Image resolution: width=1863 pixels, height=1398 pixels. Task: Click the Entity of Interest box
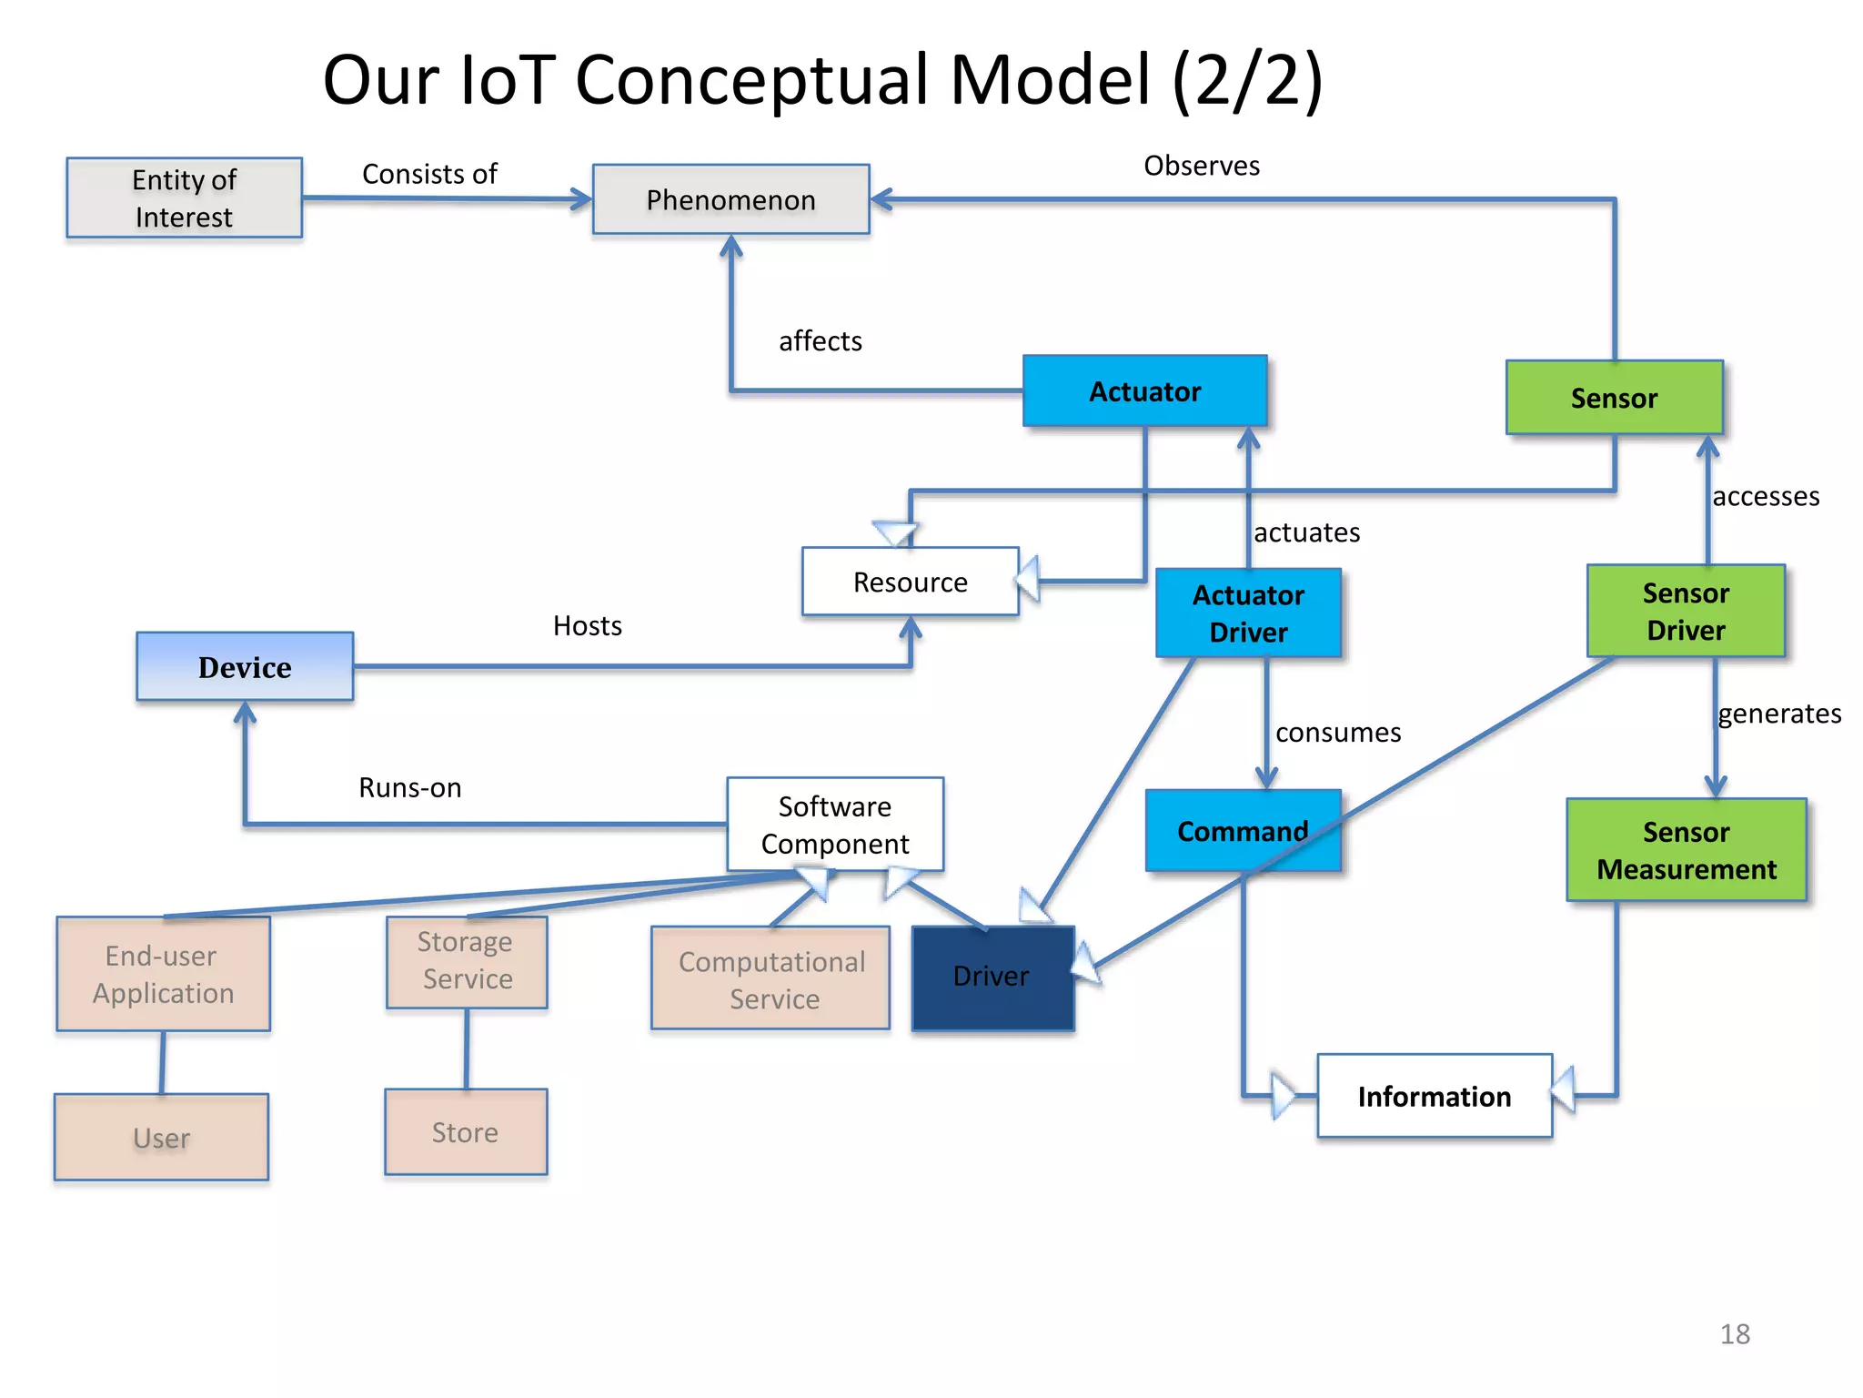pyautogui.click(x=184, y=198)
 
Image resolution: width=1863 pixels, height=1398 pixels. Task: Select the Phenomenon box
pyautogui.click(x=730, y=199)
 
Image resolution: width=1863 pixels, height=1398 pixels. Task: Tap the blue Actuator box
pyautogui.click(x=1144, y=391)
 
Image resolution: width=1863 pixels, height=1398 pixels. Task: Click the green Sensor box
pyautogui.click(x=1614, y=398)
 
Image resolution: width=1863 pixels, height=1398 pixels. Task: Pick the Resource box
pyautogui.click(x=910, y=582)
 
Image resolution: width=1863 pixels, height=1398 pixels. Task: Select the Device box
pyautogui.click(x=245, y=667)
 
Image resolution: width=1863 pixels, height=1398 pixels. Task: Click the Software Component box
pyautogui.click(x=834, y=825)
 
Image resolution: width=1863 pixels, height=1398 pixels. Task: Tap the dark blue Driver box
pyautogui.click(x=992, y=978)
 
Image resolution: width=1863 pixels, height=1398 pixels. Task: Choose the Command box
pyautogui.click(x=1242, y=831)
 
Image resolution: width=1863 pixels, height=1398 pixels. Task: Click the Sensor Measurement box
pyautogui.click(x=1686, y=850)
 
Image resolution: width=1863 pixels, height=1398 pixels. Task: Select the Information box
pyautogui.click(x=1434, y=1096)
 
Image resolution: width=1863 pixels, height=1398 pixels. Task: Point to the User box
pyautogui.click(x=161, y=1138)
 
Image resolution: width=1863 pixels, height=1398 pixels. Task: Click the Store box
pyautogui.click(x=465, y=1132)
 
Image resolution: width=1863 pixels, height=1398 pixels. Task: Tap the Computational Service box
pyautogui.click(x=770, y=979)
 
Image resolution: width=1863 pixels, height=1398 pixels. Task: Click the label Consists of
pyautogui.click(x=429, y=174)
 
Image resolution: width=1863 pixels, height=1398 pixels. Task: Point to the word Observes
pyautogui.click(x=1201, y=166)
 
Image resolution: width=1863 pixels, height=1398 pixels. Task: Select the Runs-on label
pyautogui.click(x=409, y=787)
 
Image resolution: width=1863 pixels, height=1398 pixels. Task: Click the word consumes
pyautogui.click(x=1337, y=733)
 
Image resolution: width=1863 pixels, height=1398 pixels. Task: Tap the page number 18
pyautogui.click(x=1734, y=1333)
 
